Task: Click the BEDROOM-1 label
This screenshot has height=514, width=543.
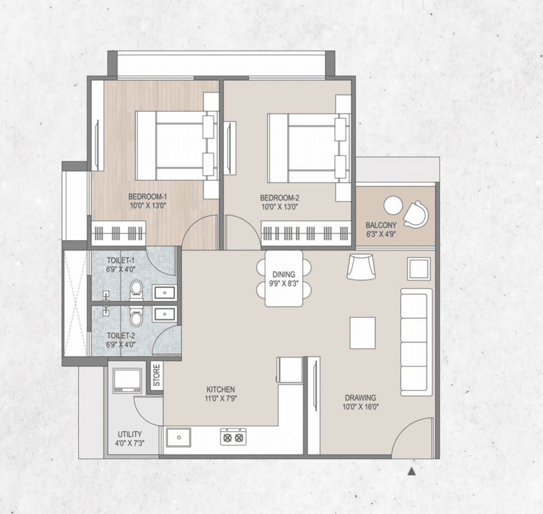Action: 148,197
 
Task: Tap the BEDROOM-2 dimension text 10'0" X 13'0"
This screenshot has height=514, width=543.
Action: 280,207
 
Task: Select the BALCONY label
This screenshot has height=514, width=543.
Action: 381,225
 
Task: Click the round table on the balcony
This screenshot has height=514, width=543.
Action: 393,206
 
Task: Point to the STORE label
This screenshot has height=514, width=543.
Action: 157,375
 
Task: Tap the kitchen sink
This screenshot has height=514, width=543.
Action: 179,437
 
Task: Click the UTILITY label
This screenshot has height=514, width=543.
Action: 130,434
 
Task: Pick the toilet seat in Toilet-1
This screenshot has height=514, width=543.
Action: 136,289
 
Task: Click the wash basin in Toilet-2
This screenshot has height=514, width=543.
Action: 164,314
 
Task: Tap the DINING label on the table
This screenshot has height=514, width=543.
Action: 284,275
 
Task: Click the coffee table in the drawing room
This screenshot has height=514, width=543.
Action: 362,333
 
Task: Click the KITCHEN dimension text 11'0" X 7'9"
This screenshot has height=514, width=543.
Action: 221,398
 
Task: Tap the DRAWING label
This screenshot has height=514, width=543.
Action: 360,397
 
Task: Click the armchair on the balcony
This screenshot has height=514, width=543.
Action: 415,214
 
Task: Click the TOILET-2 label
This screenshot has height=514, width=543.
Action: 121,336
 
